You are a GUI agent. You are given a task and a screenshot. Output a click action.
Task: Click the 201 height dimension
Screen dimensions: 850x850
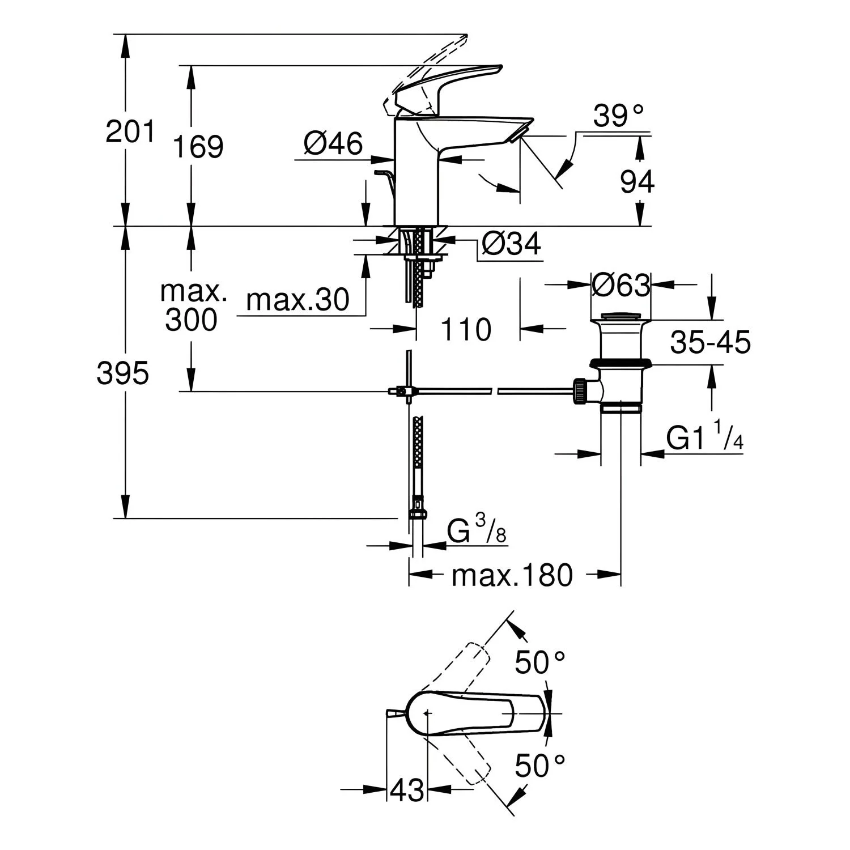130,132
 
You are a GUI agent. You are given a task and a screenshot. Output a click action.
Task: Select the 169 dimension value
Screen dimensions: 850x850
198,147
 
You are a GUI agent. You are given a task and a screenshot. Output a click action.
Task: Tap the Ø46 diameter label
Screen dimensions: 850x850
333,144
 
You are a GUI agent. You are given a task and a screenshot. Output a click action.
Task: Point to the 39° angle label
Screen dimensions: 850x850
619,117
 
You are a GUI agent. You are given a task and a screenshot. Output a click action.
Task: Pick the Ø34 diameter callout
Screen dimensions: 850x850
511,245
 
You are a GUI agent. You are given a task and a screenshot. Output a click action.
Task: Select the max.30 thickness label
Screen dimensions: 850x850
298,300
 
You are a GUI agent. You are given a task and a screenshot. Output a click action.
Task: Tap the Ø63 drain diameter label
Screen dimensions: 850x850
620,286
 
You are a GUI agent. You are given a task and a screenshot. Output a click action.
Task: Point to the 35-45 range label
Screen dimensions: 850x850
711,342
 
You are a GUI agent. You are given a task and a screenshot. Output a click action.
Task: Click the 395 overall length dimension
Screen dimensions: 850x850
123,374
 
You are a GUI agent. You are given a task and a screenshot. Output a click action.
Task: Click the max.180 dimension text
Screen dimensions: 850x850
512,576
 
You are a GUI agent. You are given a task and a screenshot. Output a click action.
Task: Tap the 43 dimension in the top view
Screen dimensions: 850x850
407,789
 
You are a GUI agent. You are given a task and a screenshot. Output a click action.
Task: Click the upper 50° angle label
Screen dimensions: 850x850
539,662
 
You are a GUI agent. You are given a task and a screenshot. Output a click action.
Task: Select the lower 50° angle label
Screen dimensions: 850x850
539,767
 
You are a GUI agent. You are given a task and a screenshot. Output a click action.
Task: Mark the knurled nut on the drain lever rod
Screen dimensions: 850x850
580,392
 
